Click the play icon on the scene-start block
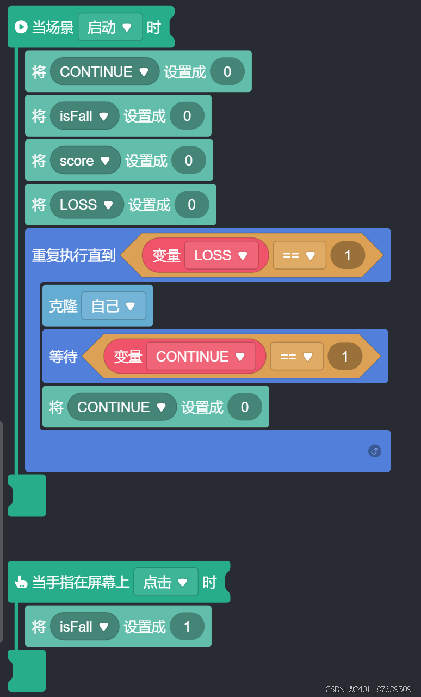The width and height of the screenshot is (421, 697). coord(21,27)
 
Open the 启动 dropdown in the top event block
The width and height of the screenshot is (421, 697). coord(110,27)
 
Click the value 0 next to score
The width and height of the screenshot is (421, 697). coord(189,161)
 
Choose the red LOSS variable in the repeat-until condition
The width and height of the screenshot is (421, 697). coord(221,255)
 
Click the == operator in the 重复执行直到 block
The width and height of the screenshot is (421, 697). coord(299,255)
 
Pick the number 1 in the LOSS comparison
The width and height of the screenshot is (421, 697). coord(348,255)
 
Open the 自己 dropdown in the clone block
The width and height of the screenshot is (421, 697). coord(114,306)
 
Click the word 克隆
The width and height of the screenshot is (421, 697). coord(64,306)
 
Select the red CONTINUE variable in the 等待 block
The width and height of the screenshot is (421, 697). coord(201,357)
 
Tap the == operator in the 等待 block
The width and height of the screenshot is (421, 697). coord(296,357)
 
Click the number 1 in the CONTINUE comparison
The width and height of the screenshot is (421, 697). coord(345,357)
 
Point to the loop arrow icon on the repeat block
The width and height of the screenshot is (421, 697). coord(375,451)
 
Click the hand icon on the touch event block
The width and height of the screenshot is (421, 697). coord(21,583)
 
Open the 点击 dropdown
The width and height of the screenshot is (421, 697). coord(165,583)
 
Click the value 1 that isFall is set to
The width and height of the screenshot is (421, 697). coord(187,627)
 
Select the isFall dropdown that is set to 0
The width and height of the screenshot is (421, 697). coord(84,116)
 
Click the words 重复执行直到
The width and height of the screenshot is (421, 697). coord(74,255)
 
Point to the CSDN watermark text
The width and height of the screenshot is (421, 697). coord(368,689)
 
